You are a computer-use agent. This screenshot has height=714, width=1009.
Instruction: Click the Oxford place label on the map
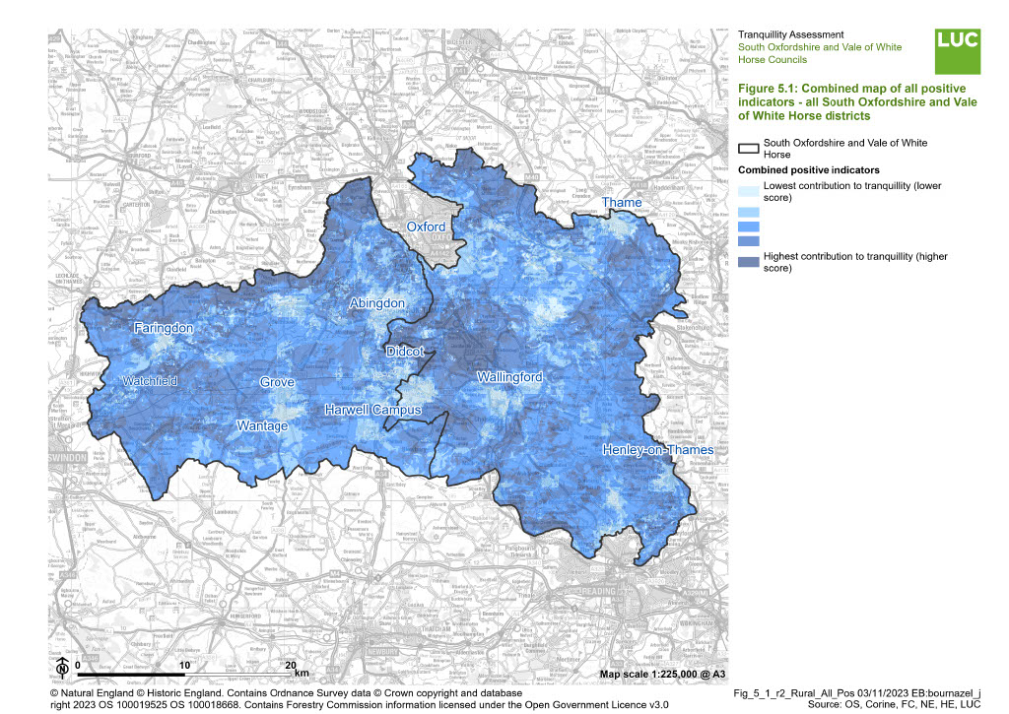[x=427, y=227]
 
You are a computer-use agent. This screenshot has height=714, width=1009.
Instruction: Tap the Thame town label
[x=622, y=203]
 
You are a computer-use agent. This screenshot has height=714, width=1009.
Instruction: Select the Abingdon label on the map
[x=376, y=304]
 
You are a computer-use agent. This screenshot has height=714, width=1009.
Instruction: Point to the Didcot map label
[x=405, y=352]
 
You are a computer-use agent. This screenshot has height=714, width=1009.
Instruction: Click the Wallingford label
[x=509, y=377]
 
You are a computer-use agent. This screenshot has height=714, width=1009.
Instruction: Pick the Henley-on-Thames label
[x=658, y=450]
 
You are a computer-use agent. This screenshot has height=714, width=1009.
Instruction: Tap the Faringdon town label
[x=165, y=328]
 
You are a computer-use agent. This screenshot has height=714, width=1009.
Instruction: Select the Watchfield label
[x=151, y=380]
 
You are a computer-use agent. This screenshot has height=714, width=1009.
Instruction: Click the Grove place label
[x=277, y=382]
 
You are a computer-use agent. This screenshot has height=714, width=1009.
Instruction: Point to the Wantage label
[x=262, y=425]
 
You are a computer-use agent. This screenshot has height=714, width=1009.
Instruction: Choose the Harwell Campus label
[x=372, y=410]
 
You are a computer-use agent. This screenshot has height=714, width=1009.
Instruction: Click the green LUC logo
[x=958, y=51]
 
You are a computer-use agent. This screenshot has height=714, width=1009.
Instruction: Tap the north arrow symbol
[x=61, y=667]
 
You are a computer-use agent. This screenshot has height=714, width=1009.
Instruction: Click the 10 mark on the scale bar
[x=183, y=666]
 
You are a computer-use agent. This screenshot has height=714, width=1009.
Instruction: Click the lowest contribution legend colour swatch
[x=749, y=193]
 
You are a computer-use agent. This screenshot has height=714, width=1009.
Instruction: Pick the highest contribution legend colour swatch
[x=749, y=261]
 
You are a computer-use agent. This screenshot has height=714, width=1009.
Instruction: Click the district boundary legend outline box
[x=749, y=149]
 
